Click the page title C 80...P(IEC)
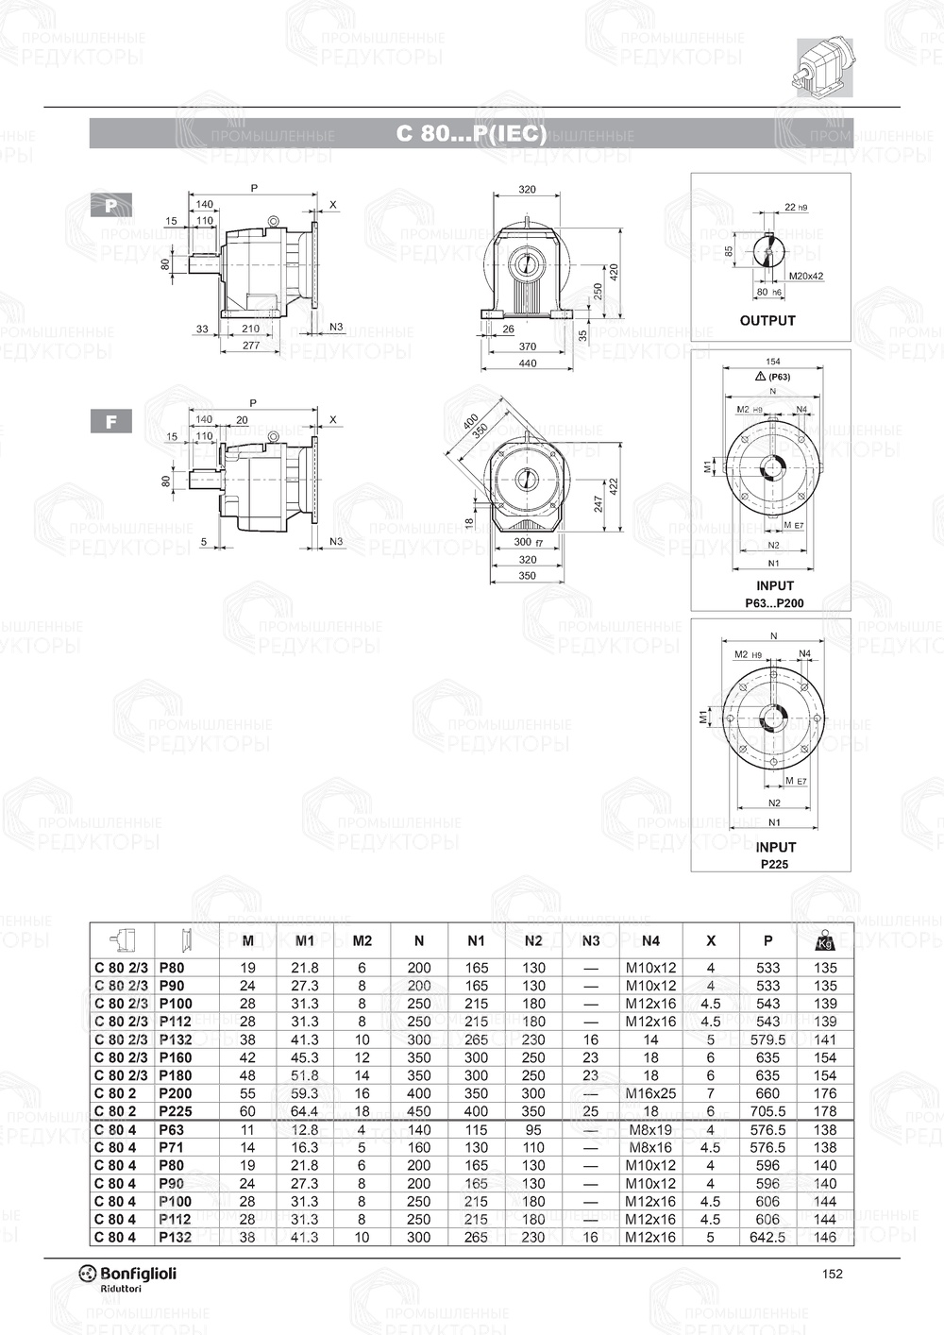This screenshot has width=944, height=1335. [471, 134]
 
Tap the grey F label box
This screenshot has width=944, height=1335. [110, 421]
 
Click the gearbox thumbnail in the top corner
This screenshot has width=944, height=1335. [824, 67]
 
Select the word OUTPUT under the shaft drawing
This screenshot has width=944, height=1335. [767, 320]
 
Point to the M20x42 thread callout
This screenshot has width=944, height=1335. [805, 277]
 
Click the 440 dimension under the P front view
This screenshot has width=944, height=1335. [527, 363]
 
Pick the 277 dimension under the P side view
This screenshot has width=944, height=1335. [250, 346]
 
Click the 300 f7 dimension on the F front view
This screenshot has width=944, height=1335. [528, 542]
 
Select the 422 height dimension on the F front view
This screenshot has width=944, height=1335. [615, 486]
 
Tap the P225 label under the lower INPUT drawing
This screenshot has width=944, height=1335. [774, 864]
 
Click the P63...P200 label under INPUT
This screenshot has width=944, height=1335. [774, 602]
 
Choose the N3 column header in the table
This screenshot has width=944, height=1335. [591, 940]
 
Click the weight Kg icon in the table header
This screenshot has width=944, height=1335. [824, 940]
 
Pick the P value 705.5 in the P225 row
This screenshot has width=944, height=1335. [767, 1111]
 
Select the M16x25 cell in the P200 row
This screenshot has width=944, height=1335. [650, 1093]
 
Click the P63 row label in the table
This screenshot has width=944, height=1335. [172, 1129]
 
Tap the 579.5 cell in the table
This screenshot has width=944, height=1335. [767, 1039]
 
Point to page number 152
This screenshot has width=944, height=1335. [832, 1274]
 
